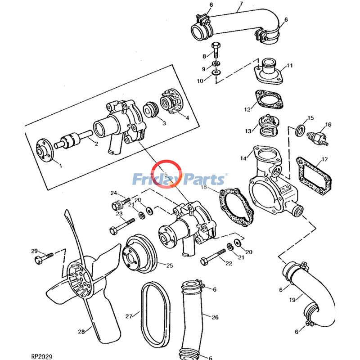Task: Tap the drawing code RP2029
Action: pos(42,356)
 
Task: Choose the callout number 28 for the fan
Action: pos(81,332)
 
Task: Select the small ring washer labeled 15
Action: pos(298,130)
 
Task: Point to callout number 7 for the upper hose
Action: pos(241,4)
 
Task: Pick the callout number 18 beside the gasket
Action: pos(203,187)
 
